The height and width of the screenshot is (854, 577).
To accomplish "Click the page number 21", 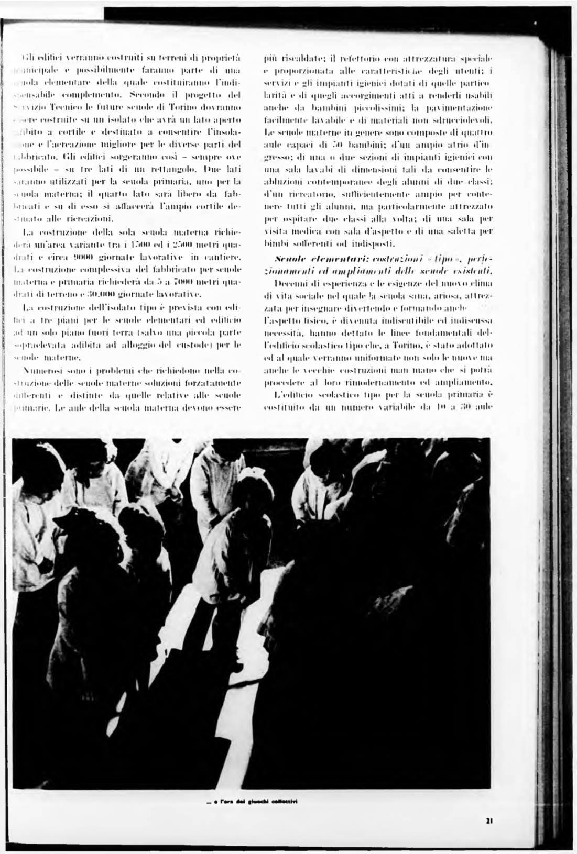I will point(488,820).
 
